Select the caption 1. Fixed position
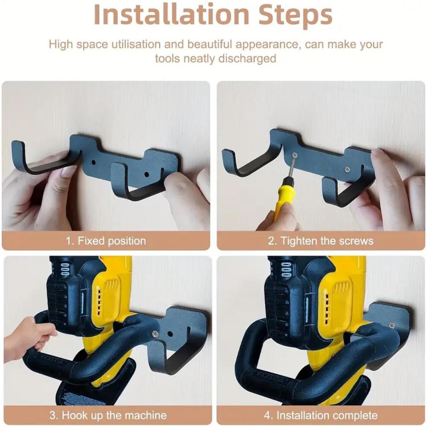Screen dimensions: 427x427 [106, 241]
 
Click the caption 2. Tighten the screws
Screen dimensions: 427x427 [320, 241]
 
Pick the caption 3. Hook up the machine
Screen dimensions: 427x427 [108, 415]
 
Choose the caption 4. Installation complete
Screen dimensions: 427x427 [321, 415]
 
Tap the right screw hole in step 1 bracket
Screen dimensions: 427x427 [146, 173]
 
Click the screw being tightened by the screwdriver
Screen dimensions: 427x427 [296, 155]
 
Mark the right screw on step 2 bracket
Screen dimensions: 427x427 [347, 168]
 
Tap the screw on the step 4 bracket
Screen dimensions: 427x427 [391, 325]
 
